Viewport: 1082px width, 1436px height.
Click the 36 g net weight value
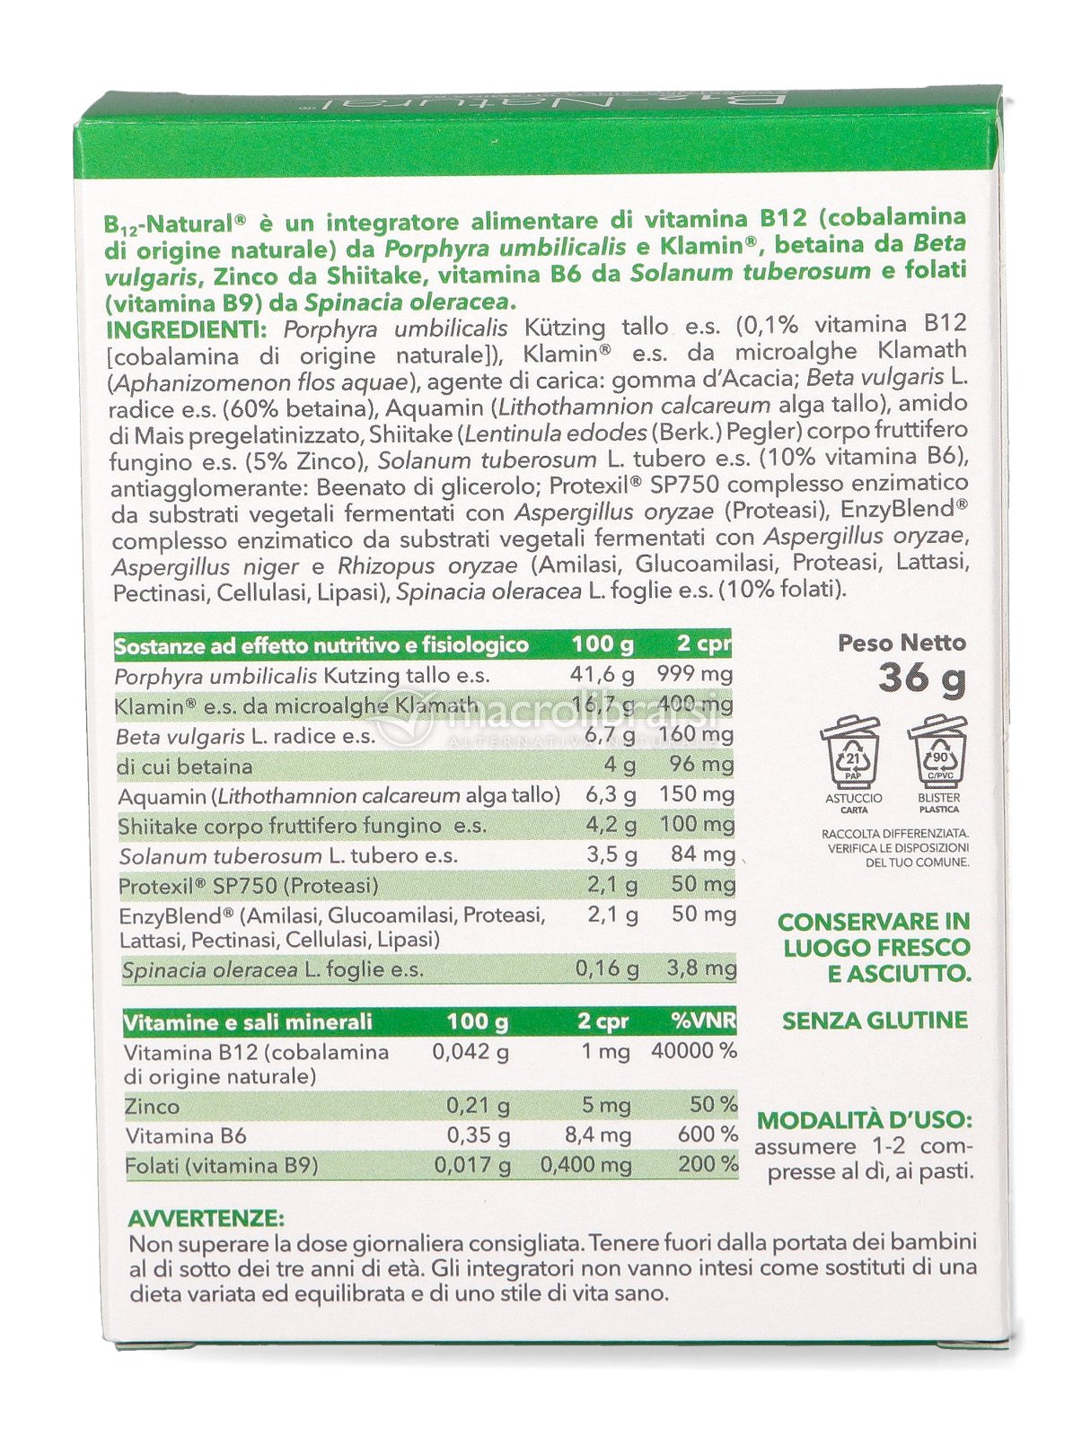921,678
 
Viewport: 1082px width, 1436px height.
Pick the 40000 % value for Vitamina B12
693,1051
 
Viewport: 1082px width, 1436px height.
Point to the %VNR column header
703,1021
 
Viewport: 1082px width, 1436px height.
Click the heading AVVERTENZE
206,1219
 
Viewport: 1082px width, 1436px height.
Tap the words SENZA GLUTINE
875,1020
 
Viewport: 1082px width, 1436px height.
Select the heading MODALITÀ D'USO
865,1120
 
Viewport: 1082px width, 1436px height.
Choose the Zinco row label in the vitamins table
153,1107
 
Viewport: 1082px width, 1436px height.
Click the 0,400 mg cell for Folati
585,1166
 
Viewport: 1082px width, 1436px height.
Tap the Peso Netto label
902,643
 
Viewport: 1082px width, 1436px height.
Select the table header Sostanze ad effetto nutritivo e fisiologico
321,645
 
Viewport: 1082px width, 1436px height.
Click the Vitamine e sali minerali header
248,1022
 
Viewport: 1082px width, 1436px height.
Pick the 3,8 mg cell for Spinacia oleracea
700,968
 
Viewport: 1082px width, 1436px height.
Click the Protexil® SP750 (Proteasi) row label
249,886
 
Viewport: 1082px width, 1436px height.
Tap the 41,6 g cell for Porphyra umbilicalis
603,674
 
